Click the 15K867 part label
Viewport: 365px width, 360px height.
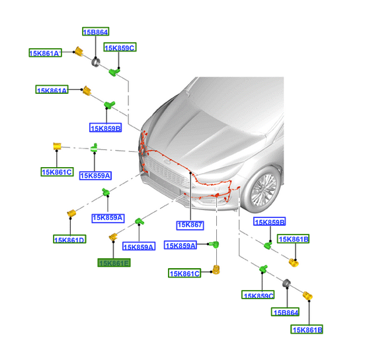pyautogui.click(x=190, y=225)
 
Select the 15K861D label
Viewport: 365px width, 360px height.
pyautogui.click(x=69, y=239)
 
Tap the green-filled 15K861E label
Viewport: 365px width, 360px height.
pyautogui.click(x=114, y=263)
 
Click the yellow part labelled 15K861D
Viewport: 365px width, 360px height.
pyautogui.click(x=71, y=213)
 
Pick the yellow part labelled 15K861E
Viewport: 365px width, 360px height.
pyautogui.click(x=113, y=236)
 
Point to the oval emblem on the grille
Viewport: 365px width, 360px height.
pyautogui.click(x=167, y=161)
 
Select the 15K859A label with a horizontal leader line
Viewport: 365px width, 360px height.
pyautogui.click(x=181, y=245)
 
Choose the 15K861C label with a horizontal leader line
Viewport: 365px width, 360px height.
pyautogui.click(x=184, y=273)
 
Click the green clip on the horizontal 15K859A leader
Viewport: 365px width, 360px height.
pyautogui.click(x=214, y=244)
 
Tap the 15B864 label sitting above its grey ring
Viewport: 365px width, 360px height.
pyautogui.click(x=96, y=32)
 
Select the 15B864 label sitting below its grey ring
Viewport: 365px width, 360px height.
pyautogui.click(x=286, y=312)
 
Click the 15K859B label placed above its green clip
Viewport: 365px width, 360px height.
pyautogui.click(x=270, y=222)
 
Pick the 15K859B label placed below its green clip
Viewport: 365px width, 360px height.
pyautogui.click(x=105, y=128)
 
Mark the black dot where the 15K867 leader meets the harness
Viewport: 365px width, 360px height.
pyautogui.click(x=190, y=173)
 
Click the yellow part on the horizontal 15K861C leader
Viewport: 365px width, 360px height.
pyautogui.click(x=216, y=270)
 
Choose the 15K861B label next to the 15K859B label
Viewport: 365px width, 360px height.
pyautogui.click(x=294, y=239)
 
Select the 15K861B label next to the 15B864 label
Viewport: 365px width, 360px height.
pyautogui.click(x=307, y=330)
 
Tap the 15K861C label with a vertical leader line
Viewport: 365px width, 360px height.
pyautogui.click(x=57, y=172)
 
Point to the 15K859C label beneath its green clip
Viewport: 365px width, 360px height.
pyautogui.click(x=258, y=295)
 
